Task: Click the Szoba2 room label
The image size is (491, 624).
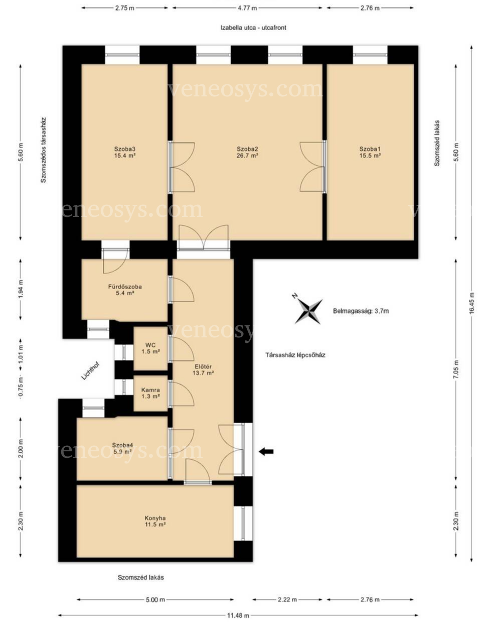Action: point(247,149)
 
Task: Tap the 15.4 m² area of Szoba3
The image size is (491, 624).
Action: point(125,156)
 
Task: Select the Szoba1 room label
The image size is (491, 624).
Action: point(370,149)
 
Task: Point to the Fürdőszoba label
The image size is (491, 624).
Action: point(125,287)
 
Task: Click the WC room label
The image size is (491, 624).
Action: point(150,345)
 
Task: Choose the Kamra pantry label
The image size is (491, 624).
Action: point(150,390)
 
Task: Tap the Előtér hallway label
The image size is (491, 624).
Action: point(203,366)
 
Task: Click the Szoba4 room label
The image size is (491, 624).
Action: point(122,445)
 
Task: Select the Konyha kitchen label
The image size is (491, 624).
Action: point(155,518)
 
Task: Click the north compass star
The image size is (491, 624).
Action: point(308,311)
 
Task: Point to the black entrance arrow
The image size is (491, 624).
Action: point(266,451)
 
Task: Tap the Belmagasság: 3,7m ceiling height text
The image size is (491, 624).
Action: point(361,311)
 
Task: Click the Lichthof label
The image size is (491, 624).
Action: point(90,370)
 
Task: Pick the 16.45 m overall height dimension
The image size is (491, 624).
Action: point(471,303)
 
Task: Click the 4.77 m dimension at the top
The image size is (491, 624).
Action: point(247,8)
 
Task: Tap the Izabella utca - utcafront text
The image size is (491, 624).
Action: point(253,28)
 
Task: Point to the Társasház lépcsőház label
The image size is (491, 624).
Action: point(295,355)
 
